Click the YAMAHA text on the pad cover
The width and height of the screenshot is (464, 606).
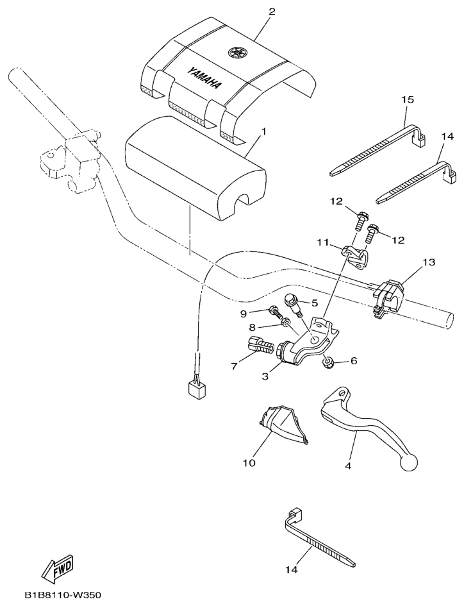point(206,78)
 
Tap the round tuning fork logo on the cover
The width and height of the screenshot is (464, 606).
point(236,52)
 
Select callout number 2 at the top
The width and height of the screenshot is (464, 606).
point(272,11)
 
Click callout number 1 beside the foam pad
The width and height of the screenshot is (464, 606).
point(264,132)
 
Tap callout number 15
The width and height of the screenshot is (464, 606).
point(407,99)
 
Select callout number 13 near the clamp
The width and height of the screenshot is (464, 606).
point(429,262)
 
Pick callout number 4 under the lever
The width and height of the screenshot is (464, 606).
point(348,466)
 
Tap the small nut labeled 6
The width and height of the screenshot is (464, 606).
point(328,362)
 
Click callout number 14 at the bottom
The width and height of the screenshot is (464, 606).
point(292,569)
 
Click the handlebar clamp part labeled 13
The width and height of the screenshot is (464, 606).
point(388,299)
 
